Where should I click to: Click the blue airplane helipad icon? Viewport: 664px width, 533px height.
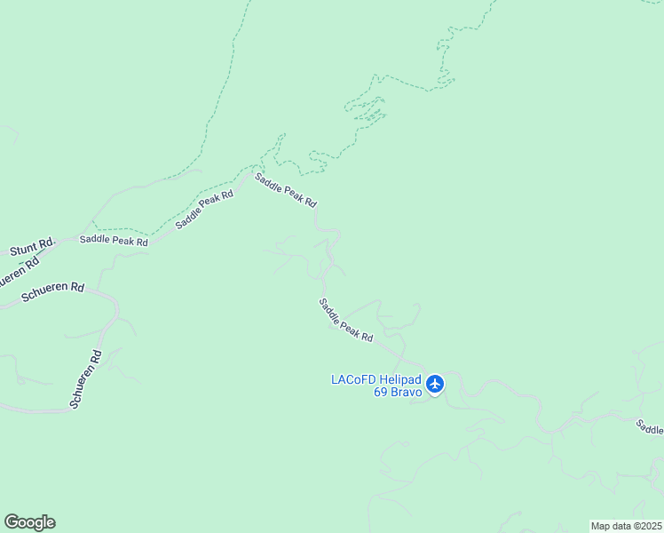tap(434, 384)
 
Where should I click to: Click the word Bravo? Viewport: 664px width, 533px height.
tap(407, 393)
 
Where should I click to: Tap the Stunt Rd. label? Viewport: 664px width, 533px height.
tap(33, 247)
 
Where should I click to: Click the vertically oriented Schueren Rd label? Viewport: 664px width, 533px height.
tap(87, 379)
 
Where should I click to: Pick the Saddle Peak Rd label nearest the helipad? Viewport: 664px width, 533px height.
tap(346, 321)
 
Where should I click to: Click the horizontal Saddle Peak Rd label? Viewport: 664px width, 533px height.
tap(113, 241)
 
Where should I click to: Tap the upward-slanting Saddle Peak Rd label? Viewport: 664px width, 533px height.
tap(204, 210)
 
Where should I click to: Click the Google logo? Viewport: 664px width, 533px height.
tap(29, 522)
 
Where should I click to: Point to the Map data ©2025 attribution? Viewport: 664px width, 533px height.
tap(626, 526)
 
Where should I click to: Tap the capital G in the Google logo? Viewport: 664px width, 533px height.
tap(11, 522)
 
